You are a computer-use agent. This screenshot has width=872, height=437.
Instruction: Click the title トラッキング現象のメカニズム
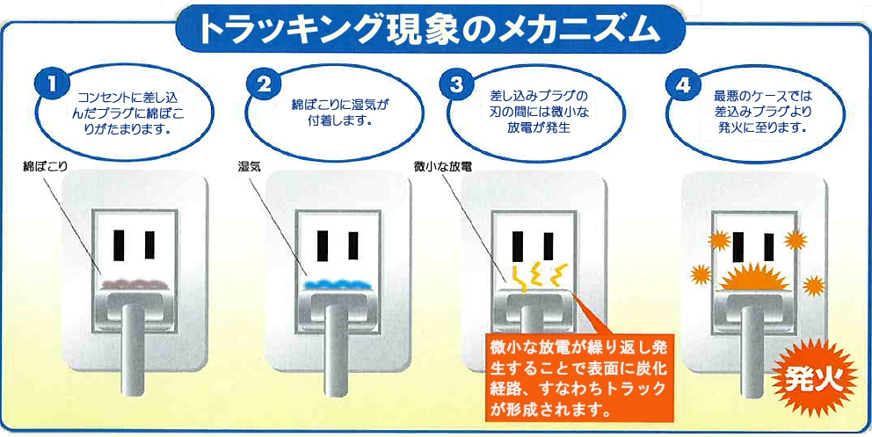429,28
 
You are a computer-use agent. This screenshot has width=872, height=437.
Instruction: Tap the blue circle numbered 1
53,84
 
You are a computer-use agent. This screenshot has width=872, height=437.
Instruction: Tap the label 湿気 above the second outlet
245,165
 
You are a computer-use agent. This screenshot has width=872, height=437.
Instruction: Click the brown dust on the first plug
134,282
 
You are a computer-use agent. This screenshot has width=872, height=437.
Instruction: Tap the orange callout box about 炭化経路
579,377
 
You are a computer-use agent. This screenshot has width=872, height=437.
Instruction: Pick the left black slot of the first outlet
119,244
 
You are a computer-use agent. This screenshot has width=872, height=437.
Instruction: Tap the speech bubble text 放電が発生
540,127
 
